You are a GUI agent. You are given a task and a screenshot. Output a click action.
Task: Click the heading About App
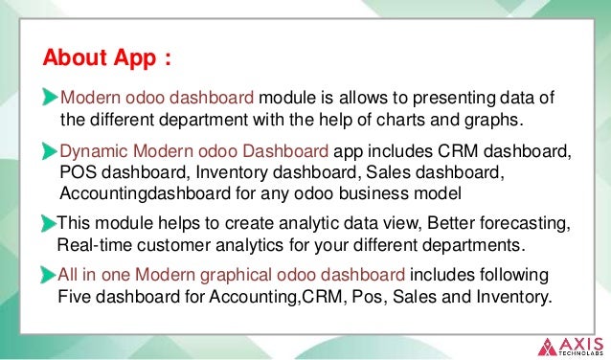coord(108,58)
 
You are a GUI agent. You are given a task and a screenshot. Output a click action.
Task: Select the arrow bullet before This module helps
coord(47,224)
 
